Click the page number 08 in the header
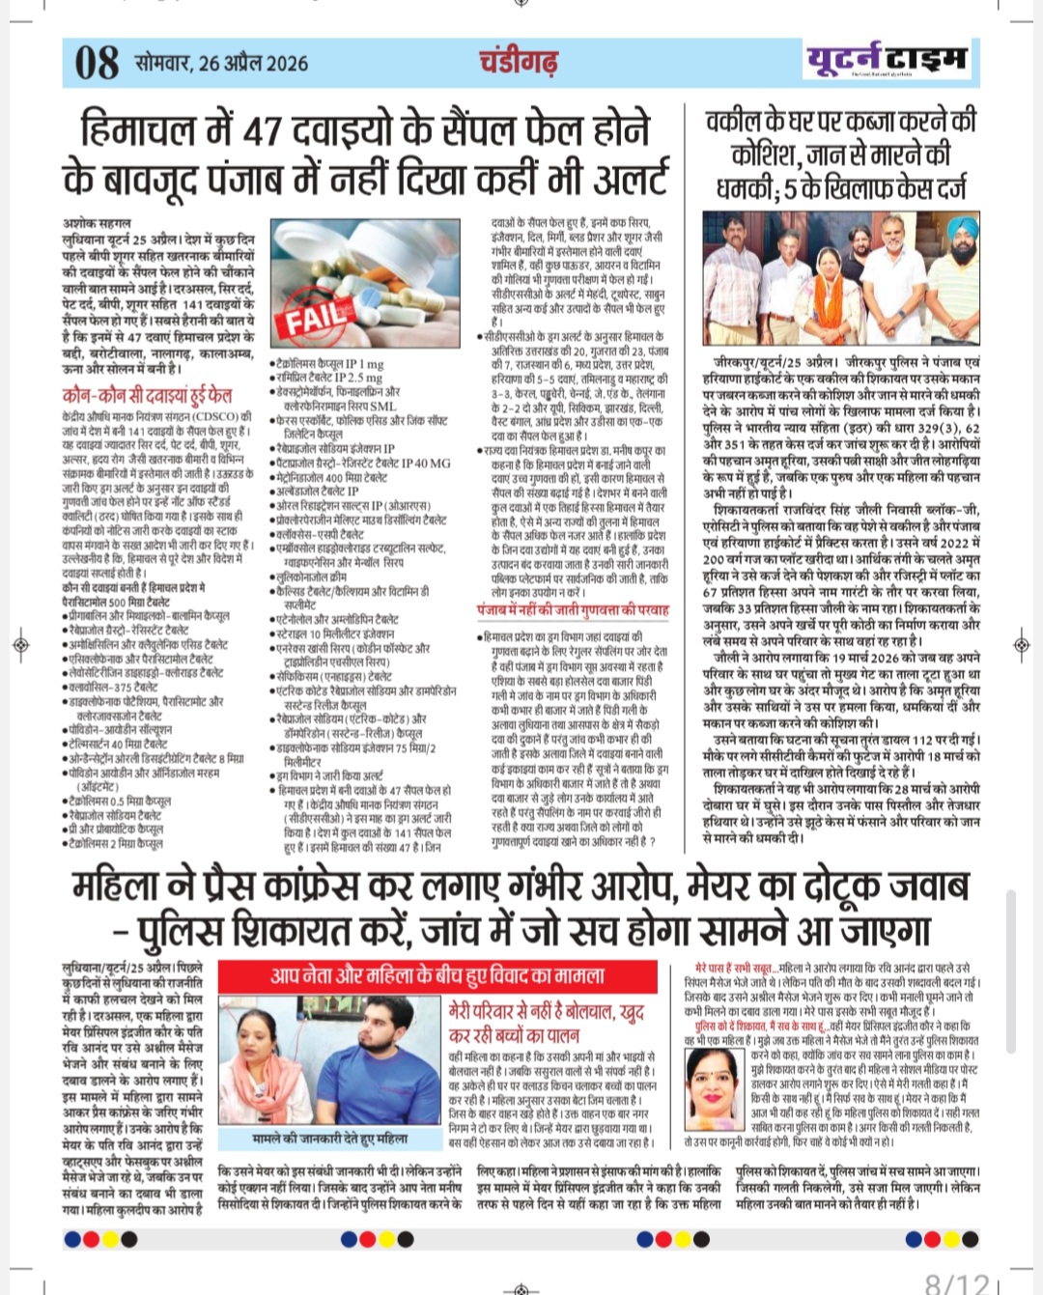(x=97, y=63)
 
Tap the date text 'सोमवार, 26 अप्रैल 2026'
(x=222, y=64)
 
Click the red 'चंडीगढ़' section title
(x=519, y=62)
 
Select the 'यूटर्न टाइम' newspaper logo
(x=887, y=60)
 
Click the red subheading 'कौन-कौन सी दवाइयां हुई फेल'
(x=147, y=395)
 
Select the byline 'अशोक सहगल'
(x=97, y=223)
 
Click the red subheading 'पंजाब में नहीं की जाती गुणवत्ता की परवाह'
(x=573, y=610)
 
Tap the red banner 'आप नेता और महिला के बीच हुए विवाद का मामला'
(x=437, y=974)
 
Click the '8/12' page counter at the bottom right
(x=956, y=1282)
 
